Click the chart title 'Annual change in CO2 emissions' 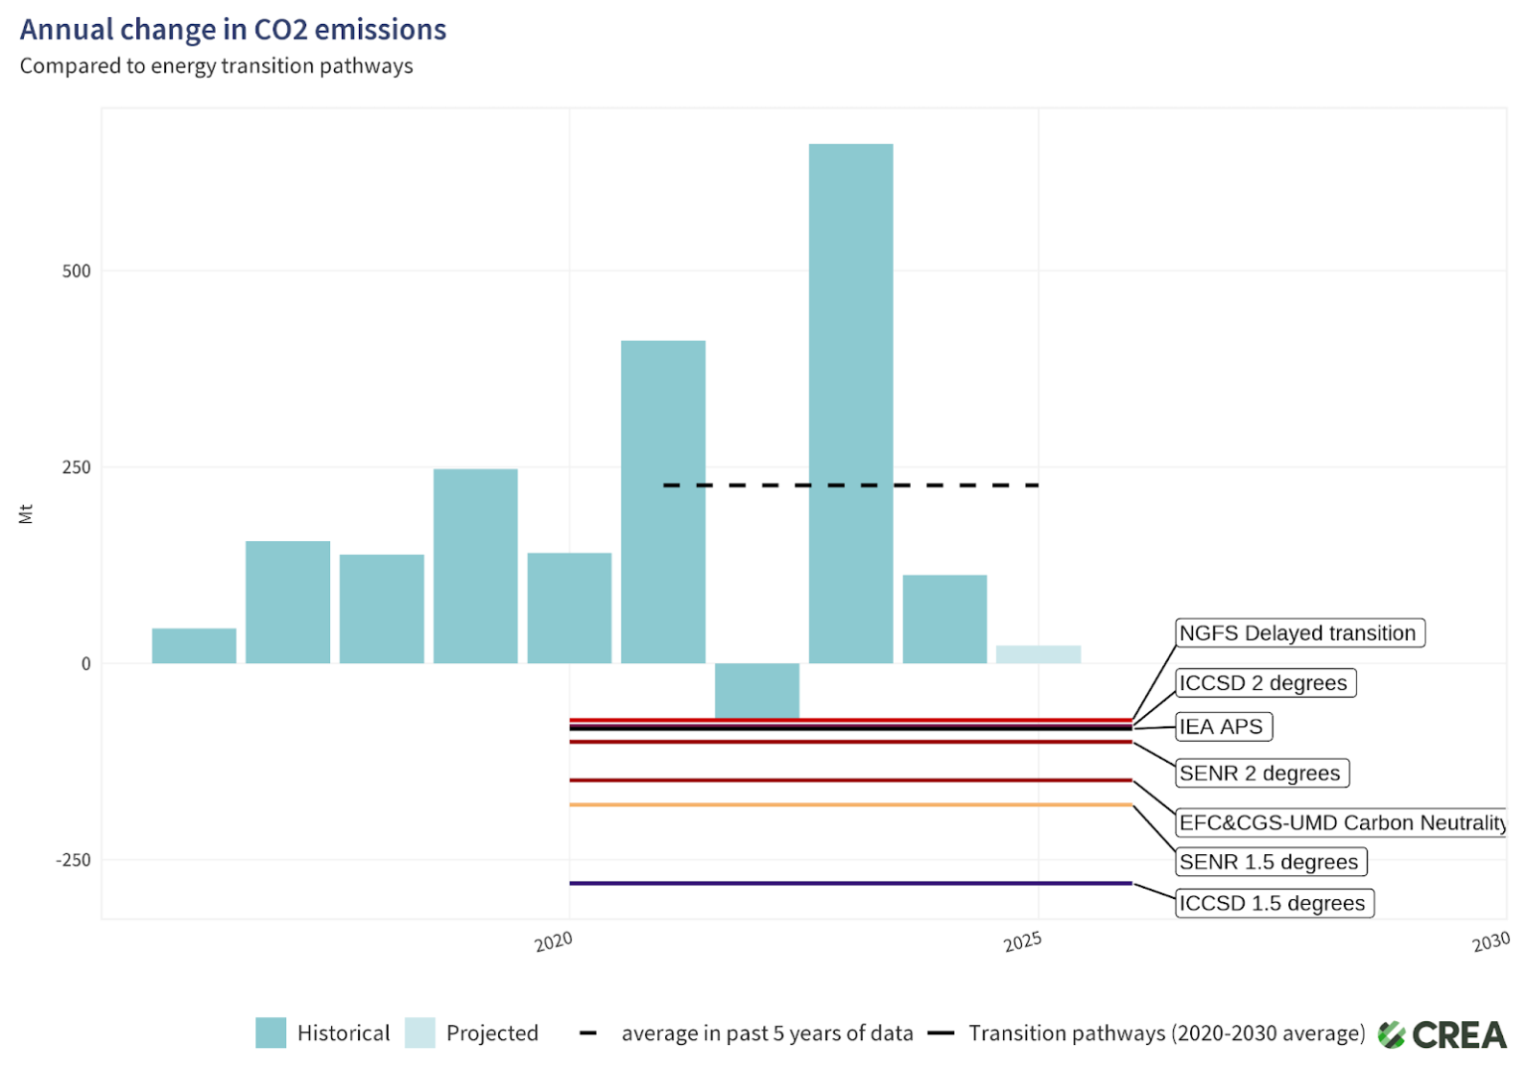pos(233,30)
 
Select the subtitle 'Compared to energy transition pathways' pos(216,66)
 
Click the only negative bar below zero pos(757,689)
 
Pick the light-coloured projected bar pos(1038,654)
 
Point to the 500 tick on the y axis pos(77,271)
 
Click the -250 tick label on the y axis pos(73,860)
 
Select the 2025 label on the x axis pos(1022,941)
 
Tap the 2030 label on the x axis pos(1491,941)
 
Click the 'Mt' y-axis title pos(26,514)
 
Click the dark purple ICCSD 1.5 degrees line pos(850,883)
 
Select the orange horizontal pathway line pos(850,804)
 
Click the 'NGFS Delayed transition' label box pos(1299,633)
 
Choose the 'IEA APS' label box pos(1223,727)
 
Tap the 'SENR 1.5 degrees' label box pos(1271,862)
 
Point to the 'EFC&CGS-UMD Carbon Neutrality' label pos(1341,822)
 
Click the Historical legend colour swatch pos(270,1033)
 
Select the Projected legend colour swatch pos(420,1033)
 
